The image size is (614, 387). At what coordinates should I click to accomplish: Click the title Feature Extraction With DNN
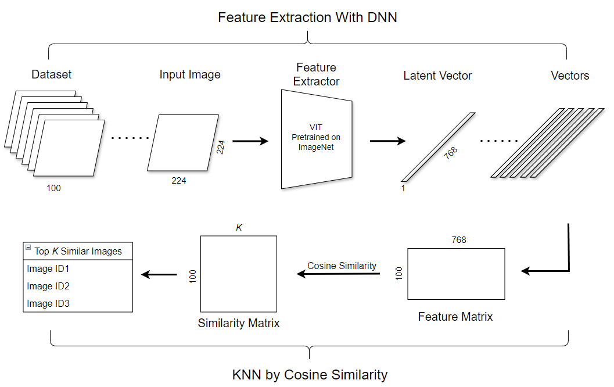pyautogui.click(x=307, y=17)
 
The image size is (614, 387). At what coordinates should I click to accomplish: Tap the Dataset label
pyautogui.click(x=52, y=74)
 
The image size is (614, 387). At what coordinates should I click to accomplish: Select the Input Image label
pyautogui.click(x=190, y=74)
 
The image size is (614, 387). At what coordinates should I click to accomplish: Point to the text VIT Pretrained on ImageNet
pyautogui.click(x=316, y=138)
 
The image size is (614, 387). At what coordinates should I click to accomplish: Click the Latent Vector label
pyautogui.click(x=437, y=76)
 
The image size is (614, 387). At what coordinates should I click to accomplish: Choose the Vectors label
pyautogui.click(x=570, y=76)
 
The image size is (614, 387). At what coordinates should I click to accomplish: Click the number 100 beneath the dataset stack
pyautogui.click(x=53, y=188)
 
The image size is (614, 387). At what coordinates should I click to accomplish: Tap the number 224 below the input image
pyautogui.click(x=179, y=181)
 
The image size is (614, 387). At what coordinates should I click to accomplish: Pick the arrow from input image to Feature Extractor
pyautogui.click(x=250, y=141)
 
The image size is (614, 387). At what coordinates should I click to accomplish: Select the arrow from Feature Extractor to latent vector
pyautogui.click(x=387, y=141)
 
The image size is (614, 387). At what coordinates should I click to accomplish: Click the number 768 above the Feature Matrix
pyautogui.click(x=459, y=239)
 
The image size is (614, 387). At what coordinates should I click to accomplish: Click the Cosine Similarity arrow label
pyautogui.click(x=342, y=266)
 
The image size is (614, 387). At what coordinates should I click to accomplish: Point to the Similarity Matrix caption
pyautogui.click(x=239, y=323)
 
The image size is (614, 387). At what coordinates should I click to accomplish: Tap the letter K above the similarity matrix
pyautogui.click(x=238, y=227)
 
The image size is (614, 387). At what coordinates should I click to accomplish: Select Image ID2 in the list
pyautogui.click(x=48, y=286)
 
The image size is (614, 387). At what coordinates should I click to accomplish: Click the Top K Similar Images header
pyautogui.click(x=78, y=251)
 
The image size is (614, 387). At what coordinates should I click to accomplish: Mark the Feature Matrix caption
pyautogui.click(x=455, y=317)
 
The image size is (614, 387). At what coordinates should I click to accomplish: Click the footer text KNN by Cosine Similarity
pyautogui.click(x=310, y=375)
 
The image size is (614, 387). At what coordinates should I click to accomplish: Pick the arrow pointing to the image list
pyautogui.click(x=159, y=274)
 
